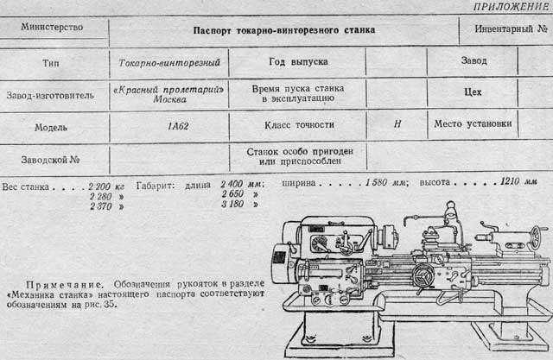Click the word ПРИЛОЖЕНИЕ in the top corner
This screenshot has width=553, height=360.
point(512,7)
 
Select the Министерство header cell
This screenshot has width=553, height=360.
point(52,27)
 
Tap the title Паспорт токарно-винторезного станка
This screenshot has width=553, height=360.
point(284,30)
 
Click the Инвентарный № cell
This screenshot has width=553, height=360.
point(511,28)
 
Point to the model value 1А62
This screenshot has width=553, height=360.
point(178,126)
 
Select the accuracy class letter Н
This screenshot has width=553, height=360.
point(397,124)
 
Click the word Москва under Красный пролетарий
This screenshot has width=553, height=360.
point(169,99)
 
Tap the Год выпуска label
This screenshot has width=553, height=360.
point(298,62)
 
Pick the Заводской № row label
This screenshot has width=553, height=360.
point(50,160)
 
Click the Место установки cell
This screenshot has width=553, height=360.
point(473,124)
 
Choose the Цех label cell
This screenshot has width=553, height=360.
point(473,92)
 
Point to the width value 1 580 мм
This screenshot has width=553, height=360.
point(386,182)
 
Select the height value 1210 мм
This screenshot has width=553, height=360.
point(518,182)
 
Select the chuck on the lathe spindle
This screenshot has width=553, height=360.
point(389,237)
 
